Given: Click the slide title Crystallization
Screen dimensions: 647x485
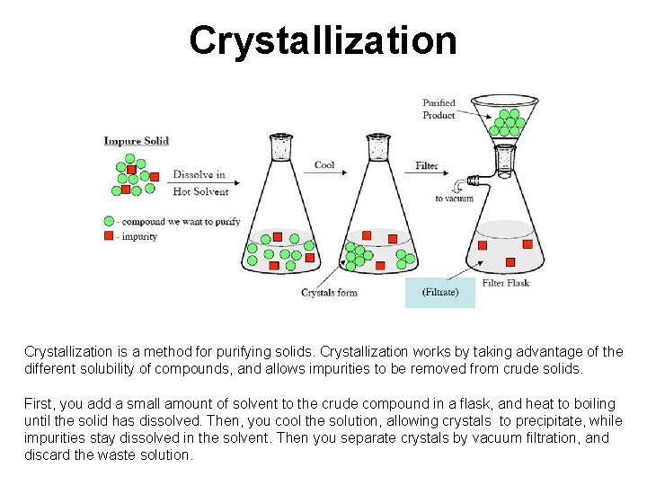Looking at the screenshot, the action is [323, 40].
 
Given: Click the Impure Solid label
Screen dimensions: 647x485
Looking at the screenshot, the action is [136, 140].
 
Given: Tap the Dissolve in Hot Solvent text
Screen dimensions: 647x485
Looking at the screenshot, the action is [199, 182].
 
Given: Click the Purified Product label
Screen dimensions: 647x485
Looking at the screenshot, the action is [439, 110].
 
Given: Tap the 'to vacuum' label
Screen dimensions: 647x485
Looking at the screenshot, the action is [454, 198].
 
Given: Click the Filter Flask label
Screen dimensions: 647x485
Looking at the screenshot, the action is [506, 283].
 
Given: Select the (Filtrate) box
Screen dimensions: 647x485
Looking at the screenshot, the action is [440, 293].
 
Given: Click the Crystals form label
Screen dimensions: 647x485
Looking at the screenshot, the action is [329, 293].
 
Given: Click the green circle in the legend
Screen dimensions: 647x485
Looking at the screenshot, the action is [109, 221].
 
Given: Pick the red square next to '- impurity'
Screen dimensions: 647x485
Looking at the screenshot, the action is [109, 236].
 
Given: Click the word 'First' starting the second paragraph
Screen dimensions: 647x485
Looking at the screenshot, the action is [39, 403].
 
